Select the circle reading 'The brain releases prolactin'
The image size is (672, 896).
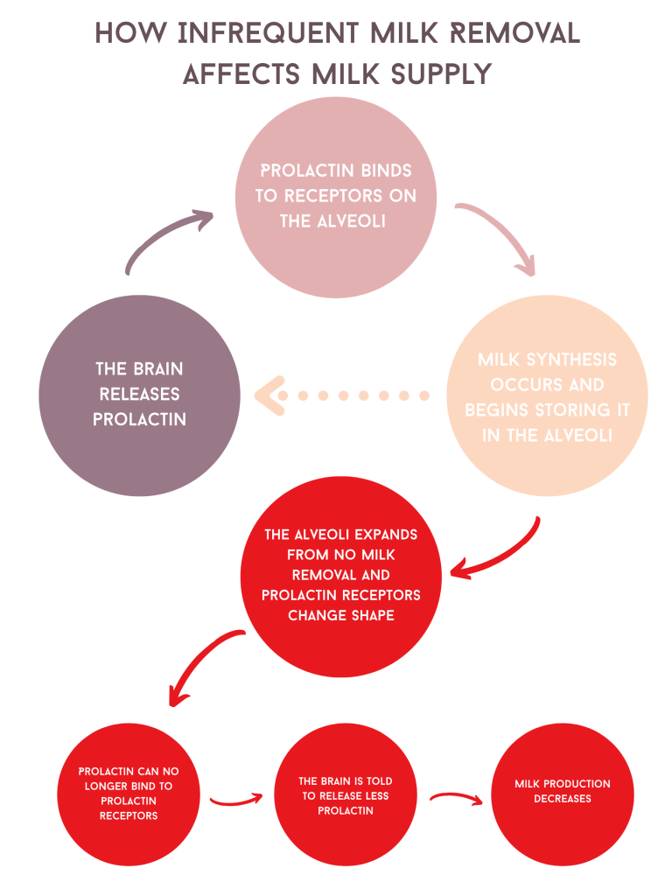tap(140, 395)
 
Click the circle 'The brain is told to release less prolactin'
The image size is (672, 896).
tap(345, 795)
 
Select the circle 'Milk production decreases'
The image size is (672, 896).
tap(563, 791)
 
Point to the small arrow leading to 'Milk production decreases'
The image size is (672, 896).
tap(455, 798)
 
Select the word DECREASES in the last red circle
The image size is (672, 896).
tap(563, 798)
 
